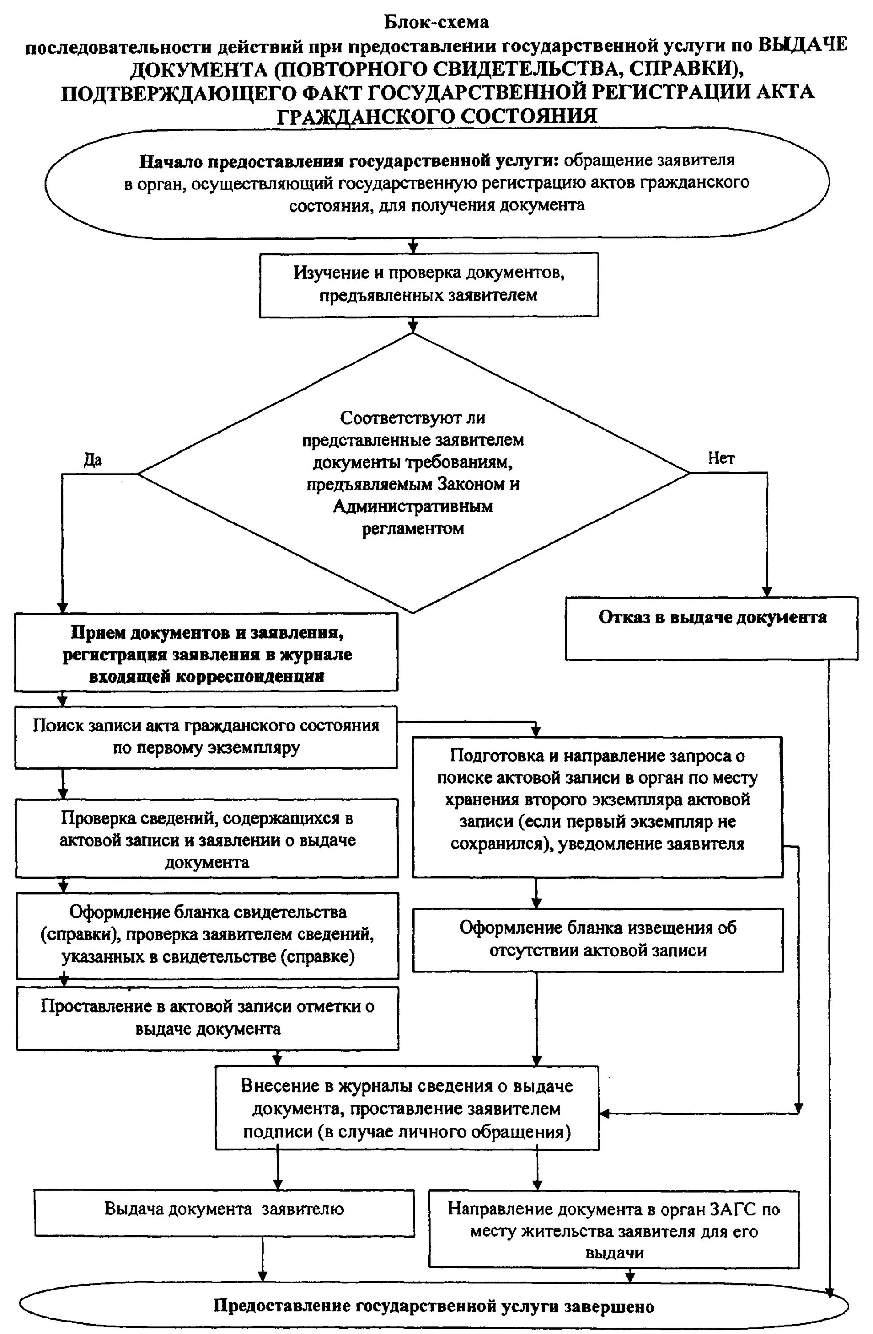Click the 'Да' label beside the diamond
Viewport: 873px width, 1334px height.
pos(93,460)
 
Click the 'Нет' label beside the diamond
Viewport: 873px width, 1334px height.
pos(720,458)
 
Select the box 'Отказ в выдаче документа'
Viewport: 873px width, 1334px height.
pos(711,628)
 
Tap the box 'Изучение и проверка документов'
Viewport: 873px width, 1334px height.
pos(428,284)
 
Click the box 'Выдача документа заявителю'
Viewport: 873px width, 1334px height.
pos(224,1209)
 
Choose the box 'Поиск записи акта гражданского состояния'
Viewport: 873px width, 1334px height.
pos(206,736)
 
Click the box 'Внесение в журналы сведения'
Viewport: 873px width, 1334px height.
pos(407,1108)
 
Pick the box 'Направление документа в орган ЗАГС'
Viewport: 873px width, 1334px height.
pos(614,1230)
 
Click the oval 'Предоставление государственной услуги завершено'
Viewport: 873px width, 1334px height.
pos(433,1306)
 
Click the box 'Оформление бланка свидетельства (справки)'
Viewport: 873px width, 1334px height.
pos(207,934)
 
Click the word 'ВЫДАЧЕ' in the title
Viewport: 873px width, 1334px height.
pos(802,45)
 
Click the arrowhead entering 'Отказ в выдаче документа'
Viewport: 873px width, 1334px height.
pos(767,592)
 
